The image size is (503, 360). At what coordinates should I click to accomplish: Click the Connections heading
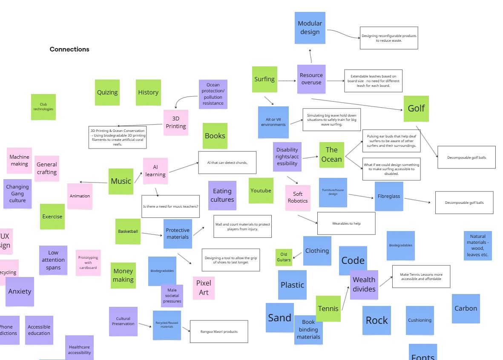pos(69,49)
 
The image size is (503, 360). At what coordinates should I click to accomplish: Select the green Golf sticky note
pos(416,109)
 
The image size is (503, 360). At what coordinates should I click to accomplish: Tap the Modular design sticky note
pos(310,28)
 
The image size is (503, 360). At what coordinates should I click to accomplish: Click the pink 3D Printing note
pos(176,123)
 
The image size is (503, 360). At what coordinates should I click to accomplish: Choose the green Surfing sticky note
pos(264,79)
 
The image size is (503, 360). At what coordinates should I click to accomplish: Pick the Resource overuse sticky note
pos(311,79)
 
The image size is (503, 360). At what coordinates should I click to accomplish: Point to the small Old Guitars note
pos(284,257)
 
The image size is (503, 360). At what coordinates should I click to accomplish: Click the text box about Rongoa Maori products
pos(219,331)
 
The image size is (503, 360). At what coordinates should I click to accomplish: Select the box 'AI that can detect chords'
pos(227,163)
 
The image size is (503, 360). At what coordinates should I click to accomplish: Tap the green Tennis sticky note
pos(328,309)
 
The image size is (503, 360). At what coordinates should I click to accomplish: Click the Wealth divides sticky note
pos(364,285)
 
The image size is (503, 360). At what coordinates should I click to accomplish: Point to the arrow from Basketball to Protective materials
pos(152,234)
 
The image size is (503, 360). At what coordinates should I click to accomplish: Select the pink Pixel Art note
pos(204,288)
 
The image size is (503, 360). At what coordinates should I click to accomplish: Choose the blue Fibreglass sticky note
pos(389,197)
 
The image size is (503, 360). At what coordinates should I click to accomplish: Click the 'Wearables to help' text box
pos(346,223)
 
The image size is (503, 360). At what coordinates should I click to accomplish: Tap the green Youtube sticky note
pos(261,191)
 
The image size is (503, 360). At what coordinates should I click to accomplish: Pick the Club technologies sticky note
pos(43,107)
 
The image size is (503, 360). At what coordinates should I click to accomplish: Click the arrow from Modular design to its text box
pos(343,34)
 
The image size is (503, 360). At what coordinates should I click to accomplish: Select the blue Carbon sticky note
pos(466,309)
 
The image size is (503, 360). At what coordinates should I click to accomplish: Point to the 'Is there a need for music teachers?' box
pos(170,206)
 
